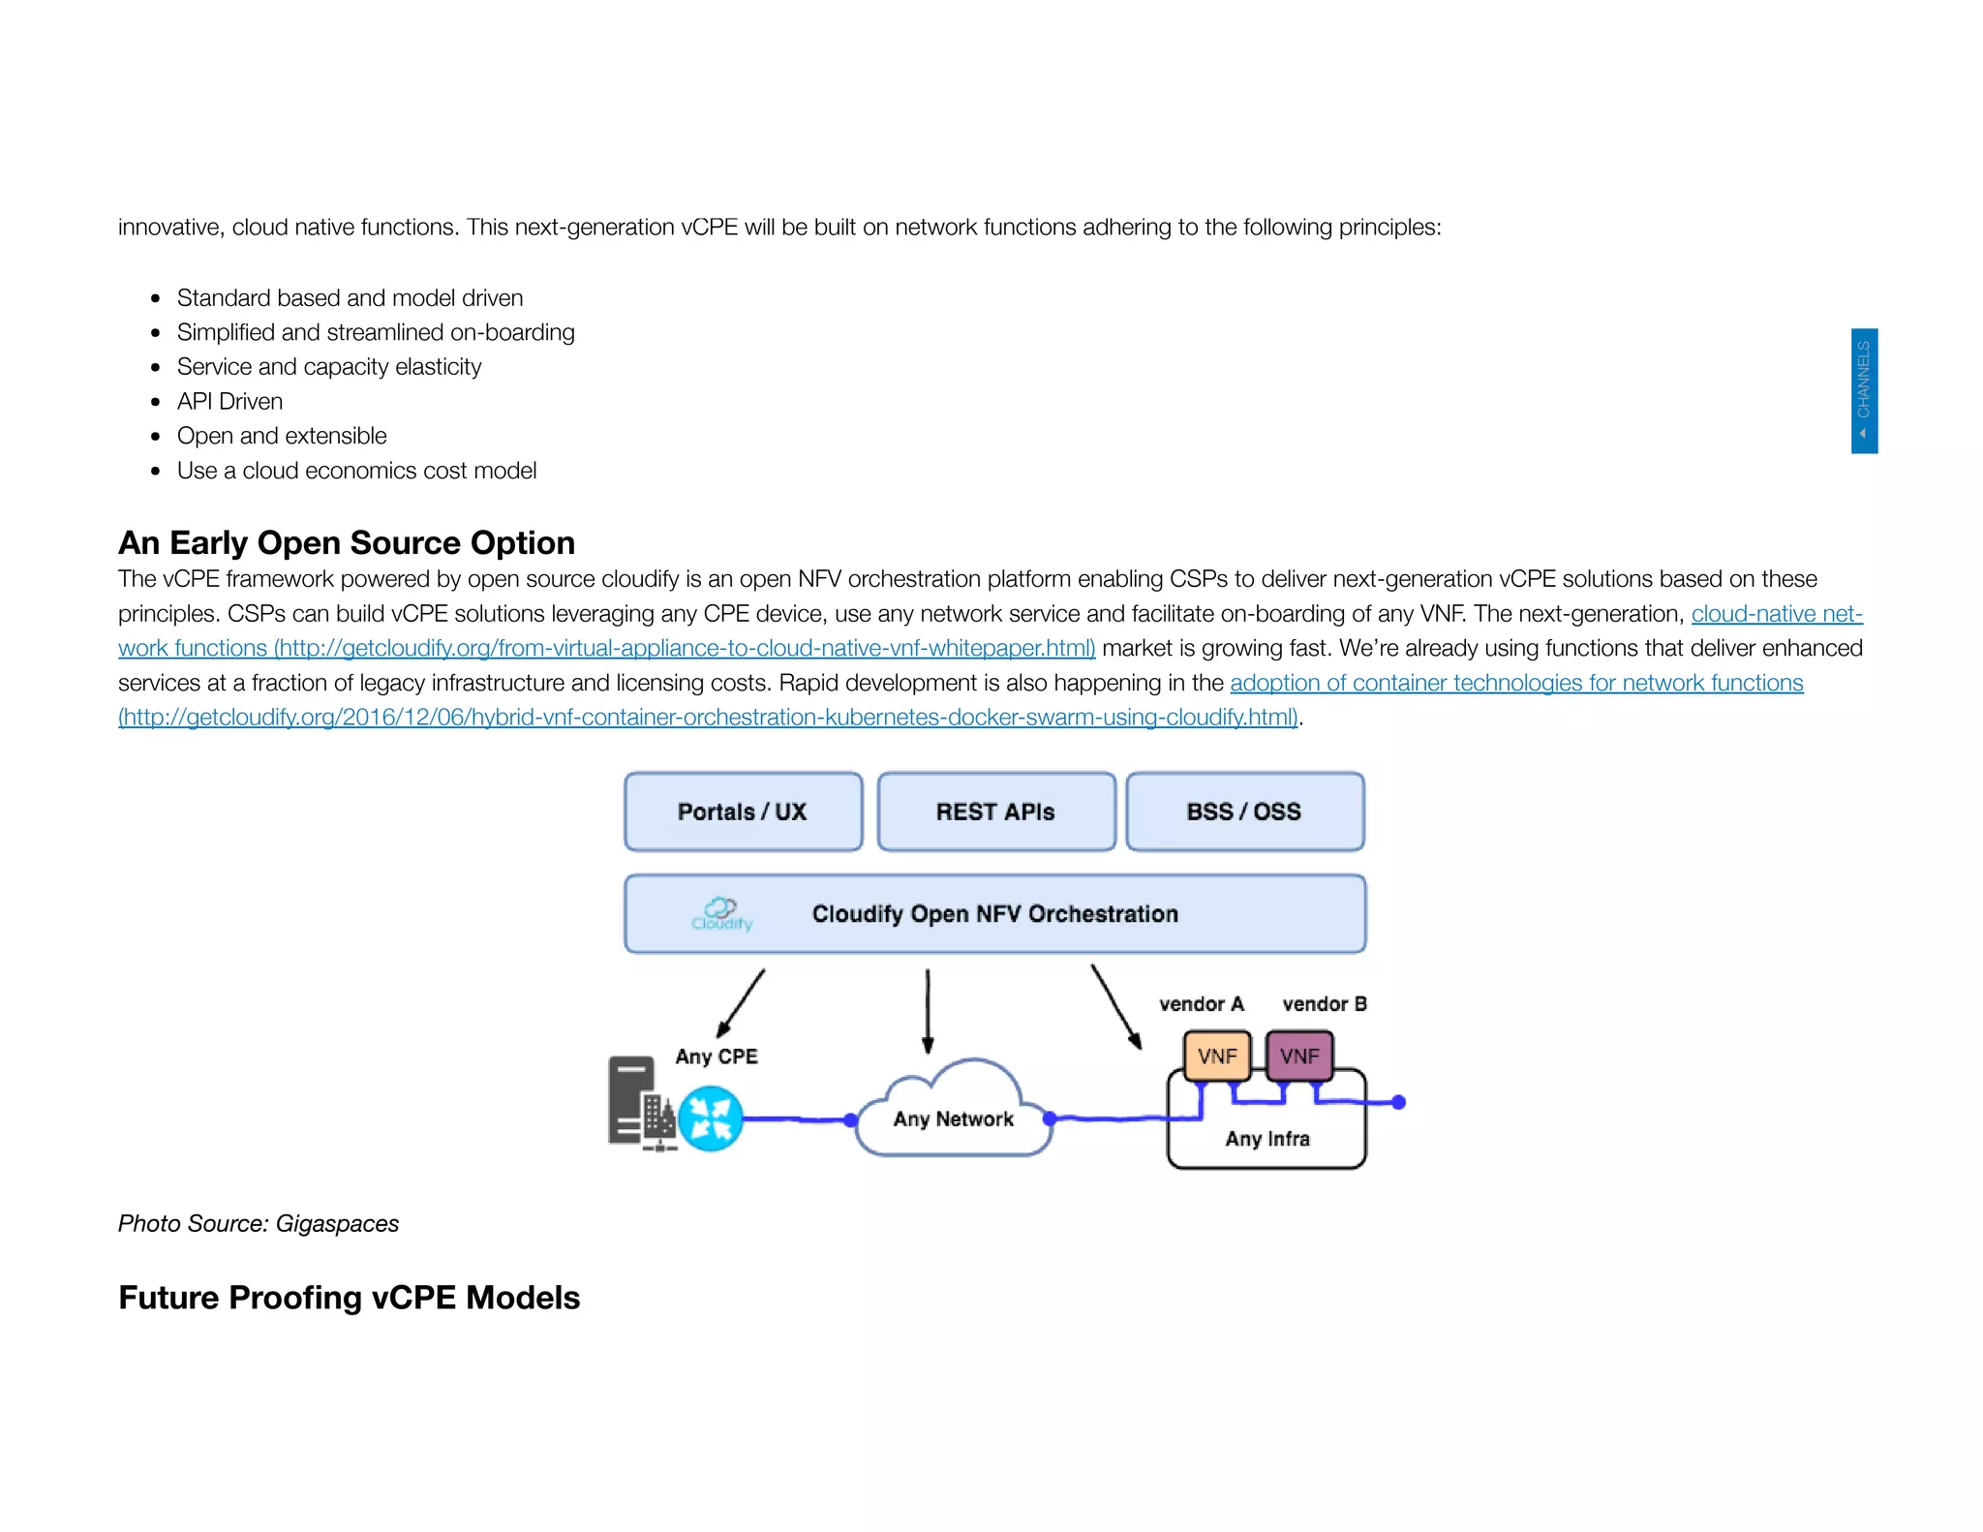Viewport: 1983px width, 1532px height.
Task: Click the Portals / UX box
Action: (743, 812)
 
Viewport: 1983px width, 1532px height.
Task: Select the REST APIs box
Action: (995, 812)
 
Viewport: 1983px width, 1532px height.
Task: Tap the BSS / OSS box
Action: (1244, 812)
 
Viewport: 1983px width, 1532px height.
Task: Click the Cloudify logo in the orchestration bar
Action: (721, 913)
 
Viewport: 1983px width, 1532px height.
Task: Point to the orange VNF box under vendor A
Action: (1217, 1056)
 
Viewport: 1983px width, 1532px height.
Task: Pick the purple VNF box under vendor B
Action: (1299, 1056)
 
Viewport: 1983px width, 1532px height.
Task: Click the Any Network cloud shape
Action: (954, 1114)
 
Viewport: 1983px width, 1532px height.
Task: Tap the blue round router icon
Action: (710, 1118)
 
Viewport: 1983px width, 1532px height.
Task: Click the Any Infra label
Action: (1267, 1139)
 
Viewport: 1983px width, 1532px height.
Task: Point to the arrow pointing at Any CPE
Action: (741, 1003)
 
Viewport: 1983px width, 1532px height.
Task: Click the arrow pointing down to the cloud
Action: (928, 1011)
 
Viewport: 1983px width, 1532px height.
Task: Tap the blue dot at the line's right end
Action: (1398, 1102)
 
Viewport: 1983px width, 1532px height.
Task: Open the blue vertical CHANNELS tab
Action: (1864, 390)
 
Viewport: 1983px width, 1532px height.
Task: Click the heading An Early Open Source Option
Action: (347, 543)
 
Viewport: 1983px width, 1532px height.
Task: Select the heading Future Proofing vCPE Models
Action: (349, 1298)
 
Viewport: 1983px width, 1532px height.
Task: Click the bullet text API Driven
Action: (229, 402)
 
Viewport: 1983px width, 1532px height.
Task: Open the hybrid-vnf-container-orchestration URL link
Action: (707, 718)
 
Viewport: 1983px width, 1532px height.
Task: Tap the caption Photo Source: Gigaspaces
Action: (259, 1224)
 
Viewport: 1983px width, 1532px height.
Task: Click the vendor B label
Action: (1324, 1004)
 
